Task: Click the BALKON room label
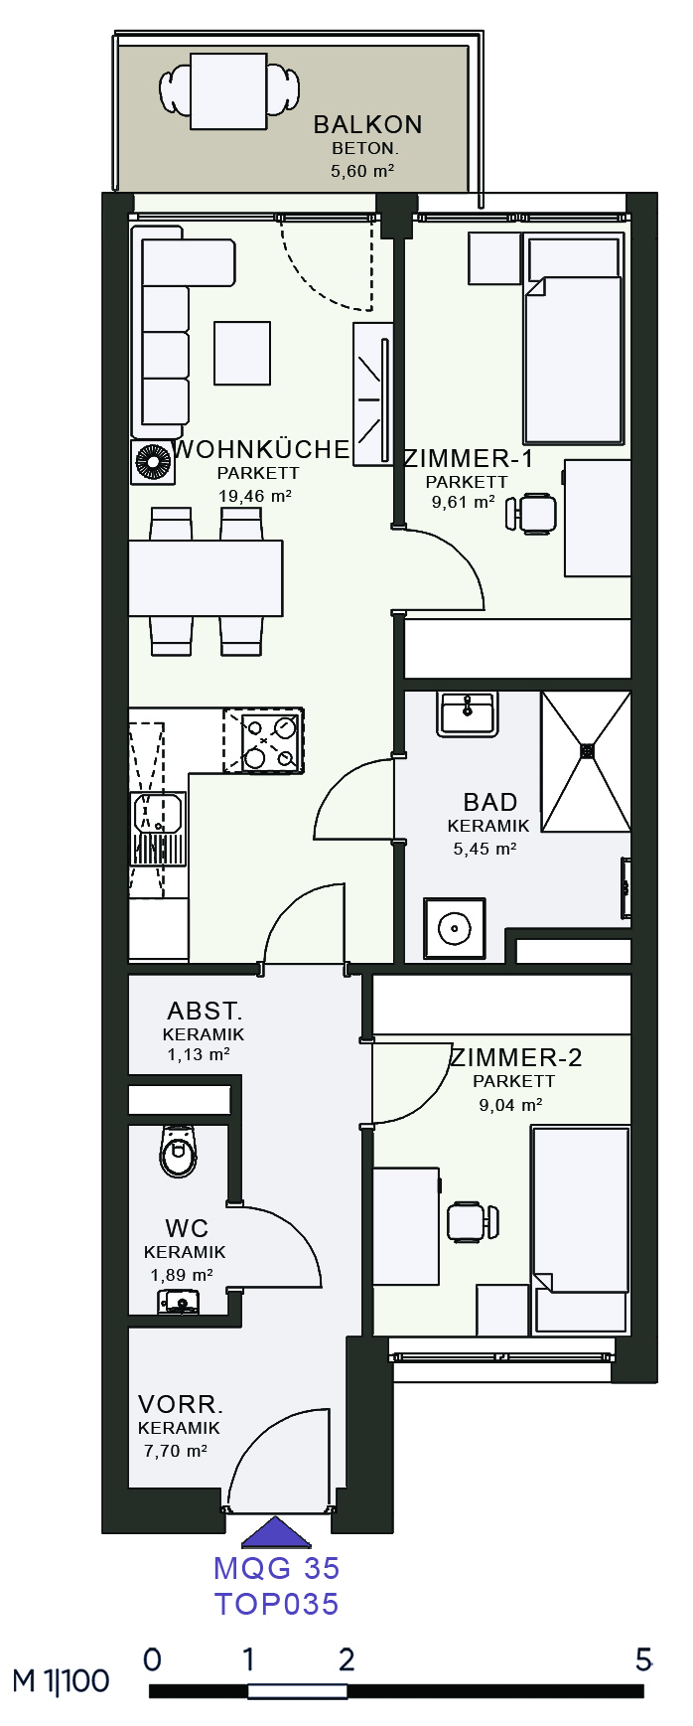(x=367, y=125)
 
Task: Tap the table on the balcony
(x=228, y=91)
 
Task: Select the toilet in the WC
(x=179, y=1152)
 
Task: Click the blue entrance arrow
(x=277, y=1532)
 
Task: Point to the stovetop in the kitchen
(x=263, y=740)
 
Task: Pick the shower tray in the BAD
(x=586, y=761)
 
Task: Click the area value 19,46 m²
(x=255, y=496)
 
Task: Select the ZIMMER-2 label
(x=516, y=1058)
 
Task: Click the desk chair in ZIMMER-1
(x=531, y=514)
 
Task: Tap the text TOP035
(x=277, y=1604)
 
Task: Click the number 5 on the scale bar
(x=643, y=1659)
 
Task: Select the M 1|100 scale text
(x=61, y=1681)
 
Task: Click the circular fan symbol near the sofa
(x=154, y=463)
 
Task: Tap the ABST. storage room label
(x=205, y=1012)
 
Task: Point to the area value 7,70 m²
(x=176, y=1451)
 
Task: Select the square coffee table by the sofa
(x=242, y=353)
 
